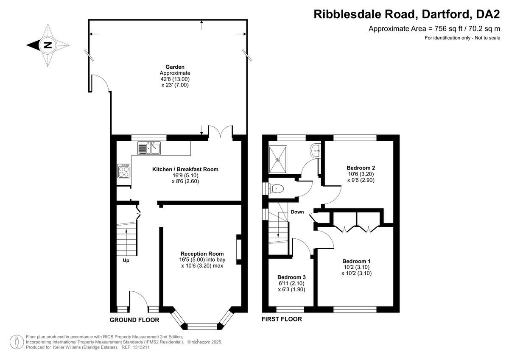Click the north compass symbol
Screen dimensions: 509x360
tap(48, 45)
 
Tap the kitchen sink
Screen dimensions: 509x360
tap(148, 148)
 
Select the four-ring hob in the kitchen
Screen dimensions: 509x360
tap(124, 171)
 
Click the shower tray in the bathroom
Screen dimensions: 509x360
tap(278, 159)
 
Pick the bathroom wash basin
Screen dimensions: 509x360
tap(316, 150)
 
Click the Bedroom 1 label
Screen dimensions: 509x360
tap(356, 261)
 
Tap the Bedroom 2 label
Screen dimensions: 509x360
tap(361, 167)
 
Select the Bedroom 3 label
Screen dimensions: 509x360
tap(291, 277)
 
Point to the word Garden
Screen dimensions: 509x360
tap(175, 67)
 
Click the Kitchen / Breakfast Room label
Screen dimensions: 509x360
tap(185, 169)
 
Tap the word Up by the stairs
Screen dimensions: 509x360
tap(126, 260)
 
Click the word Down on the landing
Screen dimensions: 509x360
tap(297, 212)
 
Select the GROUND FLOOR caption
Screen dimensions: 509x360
tap(134, 320)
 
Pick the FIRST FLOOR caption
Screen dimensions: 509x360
tap(282, 319)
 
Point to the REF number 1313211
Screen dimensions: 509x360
tap(141, 347)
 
